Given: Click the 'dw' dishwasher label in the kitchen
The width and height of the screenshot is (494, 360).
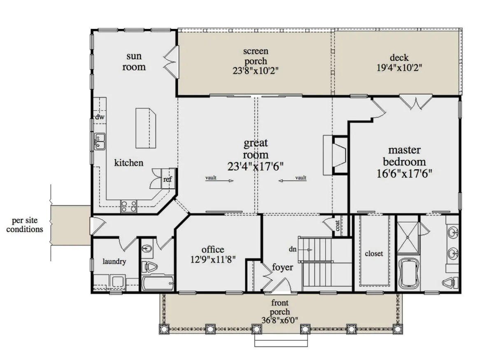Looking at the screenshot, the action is point(100,117).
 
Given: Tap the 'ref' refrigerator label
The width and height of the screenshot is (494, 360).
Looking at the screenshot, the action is point(168,179).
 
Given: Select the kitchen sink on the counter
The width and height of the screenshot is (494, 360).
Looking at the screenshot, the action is point(100,141).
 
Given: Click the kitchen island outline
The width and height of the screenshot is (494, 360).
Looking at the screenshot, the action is point(146,128).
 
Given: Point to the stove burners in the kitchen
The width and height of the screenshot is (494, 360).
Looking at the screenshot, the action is point(128,206).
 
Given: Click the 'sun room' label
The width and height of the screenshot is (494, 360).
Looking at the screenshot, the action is point(134,62).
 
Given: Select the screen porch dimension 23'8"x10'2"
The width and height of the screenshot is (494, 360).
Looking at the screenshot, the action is point(255,71).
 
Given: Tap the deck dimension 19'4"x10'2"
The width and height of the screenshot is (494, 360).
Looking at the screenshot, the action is point(399,68).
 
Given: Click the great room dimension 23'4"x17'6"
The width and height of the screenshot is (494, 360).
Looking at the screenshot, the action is point(255,166).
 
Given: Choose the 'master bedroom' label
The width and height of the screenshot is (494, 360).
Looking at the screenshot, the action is point(404,156).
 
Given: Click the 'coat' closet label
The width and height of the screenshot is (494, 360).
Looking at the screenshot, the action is point(337,226).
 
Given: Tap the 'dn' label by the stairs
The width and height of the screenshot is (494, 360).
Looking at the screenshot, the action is point(292,249).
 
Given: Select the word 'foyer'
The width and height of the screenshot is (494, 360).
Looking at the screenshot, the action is point(282,267).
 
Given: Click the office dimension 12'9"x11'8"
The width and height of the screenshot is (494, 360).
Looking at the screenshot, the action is point(213,259).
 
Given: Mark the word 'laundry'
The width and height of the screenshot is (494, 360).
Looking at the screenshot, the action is point(114,262).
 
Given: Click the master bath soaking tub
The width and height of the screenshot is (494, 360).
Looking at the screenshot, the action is point(409,273).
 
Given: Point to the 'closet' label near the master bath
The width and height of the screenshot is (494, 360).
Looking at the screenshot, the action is point(374,254).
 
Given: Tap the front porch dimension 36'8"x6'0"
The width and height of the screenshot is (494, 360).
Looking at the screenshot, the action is point(280,320).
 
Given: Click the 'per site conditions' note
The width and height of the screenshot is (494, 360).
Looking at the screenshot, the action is point(25,225).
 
